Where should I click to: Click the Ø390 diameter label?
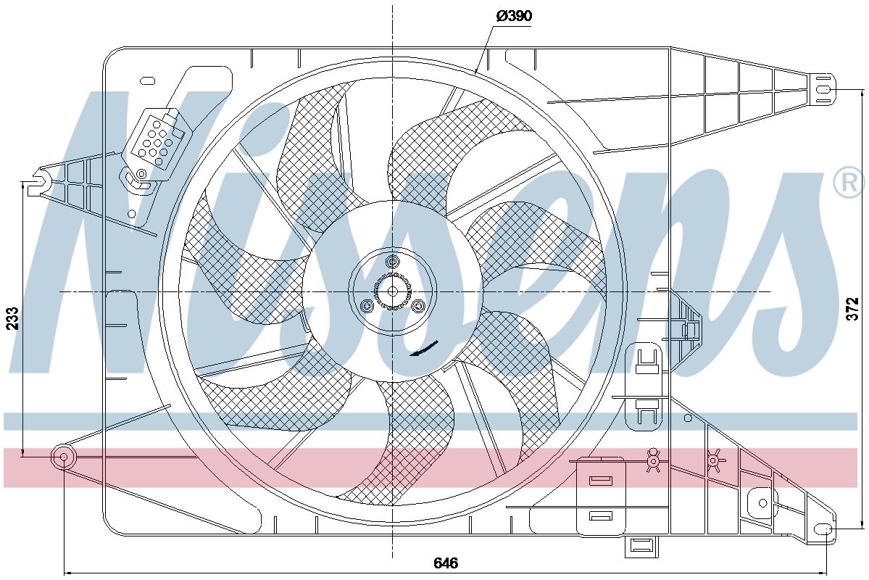[513, 17]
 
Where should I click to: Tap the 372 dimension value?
[853, 308]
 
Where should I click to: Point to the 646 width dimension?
[446, 563]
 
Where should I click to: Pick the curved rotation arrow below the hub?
[425, 349]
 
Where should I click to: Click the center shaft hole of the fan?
[392, 291]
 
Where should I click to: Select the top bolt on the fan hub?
[393, 262]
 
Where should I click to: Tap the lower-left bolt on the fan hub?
[367, 306]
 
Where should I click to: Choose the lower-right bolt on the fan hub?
[418, 306]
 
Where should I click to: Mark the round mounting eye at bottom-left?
[63, 457]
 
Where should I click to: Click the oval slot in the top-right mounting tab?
[823, 89]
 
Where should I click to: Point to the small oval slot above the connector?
[149, 80]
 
